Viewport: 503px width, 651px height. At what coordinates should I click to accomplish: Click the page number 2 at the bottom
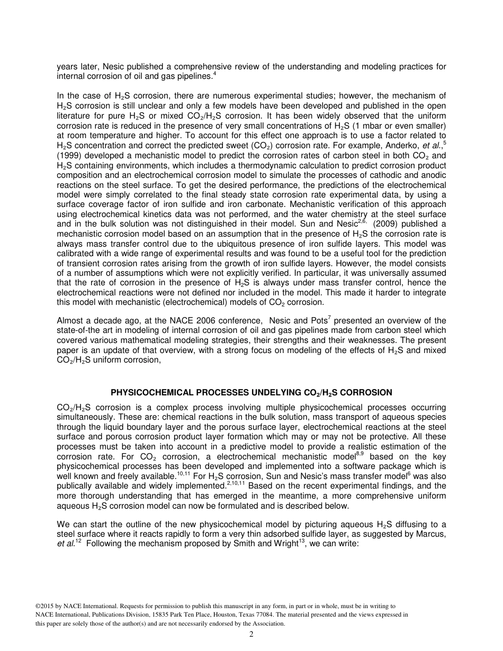[x=251, y=635]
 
